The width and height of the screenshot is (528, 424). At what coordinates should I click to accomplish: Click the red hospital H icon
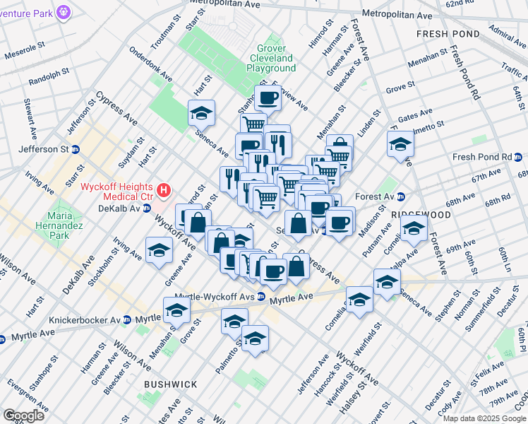coord(164,189)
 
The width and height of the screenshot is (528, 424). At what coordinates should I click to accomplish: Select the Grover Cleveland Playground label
coord(271,63)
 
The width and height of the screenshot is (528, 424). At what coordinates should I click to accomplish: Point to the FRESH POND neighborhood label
coord(448,33)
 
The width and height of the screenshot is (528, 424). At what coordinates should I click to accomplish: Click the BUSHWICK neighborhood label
coord(170,384)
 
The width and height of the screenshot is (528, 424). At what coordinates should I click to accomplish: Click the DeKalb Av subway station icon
coord(147,208)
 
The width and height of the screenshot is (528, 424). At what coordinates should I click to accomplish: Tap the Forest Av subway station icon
coord(401,196)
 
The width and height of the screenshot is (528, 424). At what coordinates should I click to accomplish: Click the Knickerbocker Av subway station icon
coord(126,319)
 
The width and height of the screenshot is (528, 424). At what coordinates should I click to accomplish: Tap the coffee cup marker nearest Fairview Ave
coord(268,98)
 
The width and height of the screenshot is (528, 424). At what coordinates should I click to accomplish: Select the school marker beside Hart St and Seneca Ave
coord(201,113)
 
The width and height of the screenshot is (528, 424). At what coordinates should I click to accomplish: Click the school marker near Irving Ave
coord(160,250)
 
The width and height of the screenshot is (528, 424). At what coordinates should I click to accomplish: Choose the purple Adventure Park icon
coord(64,11)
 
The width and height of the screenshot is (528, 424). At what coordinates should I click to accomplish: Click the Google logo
coord(23,415)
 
